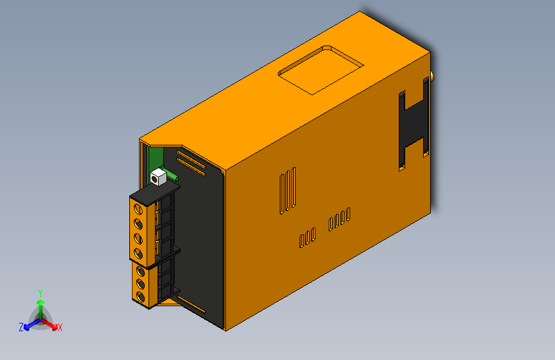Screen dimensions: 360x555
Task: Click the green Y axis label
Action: click(40, 291)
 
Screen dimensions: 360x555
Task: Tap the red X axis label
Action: click(60, 327)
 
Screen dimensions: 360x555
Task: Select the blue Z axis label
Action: click(21, 327)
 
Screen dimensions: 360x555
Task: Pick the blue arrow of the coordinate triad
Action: click(29, 324)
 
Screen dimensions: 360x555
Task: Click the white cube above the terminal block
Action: click(158, 176)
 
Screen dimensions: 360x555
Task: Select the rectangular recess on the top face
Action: click(321, 69)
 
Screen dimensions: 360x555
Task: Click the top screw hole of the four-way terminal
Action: click(138, 208)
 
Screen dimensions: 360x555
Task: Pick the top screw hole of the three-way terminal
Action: click(140, 270)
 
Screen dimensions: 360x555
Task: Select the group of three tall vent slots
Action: click(287, 190)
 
